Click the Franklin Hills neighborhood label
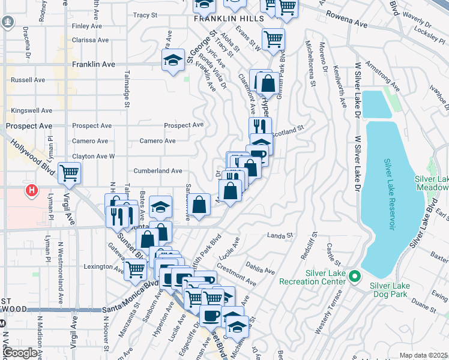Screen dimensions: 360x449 pos(229,19)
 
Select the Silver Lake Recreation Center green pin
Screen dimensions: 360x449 pos(354,277)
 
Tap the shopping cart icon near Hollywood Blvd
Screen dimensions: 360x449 pos(70,173)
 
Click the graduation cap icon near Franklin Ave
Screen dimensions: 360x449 pos(173,60)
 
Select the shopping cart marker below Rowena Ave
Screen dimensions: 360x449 pos(274,39)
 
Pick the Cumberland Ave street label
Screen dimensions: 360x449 pos(157,171)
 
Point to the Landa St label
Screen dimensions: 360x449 pos(280,236)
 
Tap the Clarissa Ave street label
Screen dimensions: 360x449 pos(90,40)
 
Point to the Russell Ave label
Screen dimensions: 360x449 pos(28,80)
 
